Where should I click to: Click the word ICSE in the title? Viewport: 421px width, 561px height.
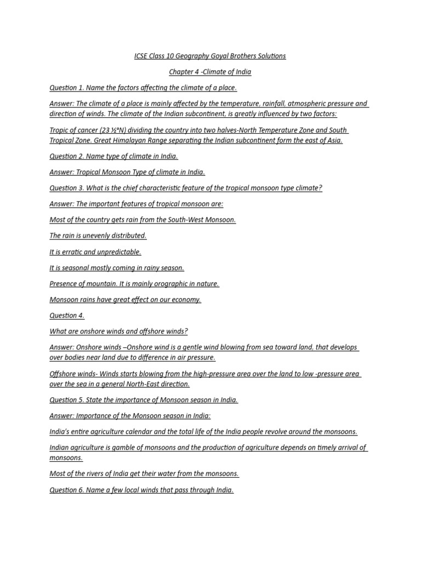(141, 56)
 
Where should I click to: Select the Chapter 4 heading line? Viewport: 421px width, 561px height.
(210, 72)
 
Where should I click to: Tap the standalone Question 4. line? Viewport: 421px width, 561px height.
(67, 316)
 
